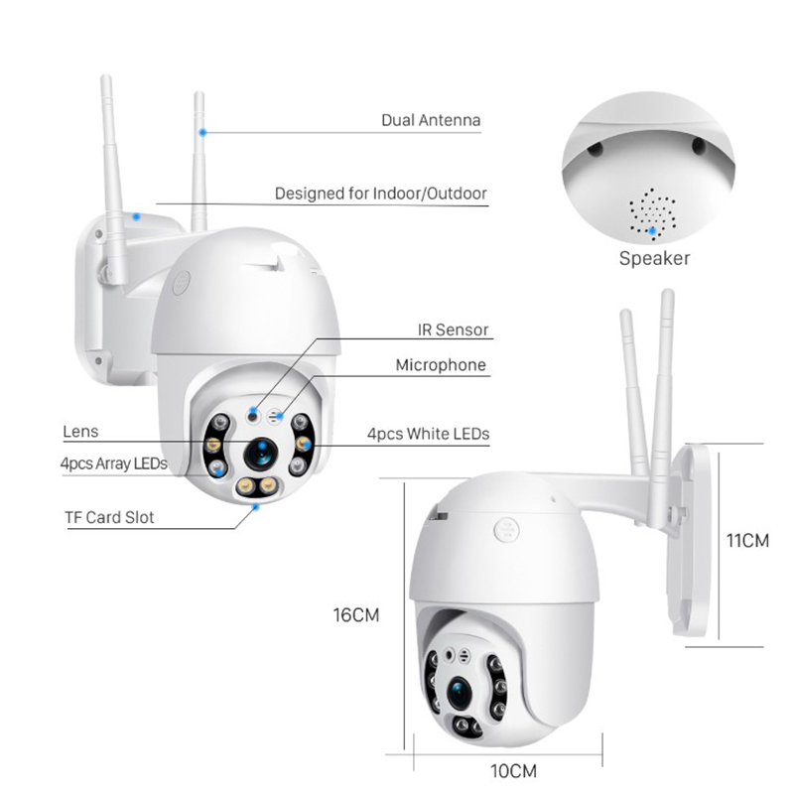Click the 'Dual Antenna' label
pos(431,120)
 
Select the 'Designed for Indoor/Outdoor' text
pos(381,194)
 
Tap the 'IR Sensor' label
pos(454,331)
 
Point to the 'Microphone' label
pos(441,365)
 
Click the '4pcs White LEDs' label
pos(429,434)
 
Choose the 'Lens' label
pos(80,432)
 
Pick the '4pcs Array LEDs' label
pos(114,463)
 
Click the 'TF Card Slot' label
pos(109,517)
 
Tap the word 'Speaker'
pos(654,258)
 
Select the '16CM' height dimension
pos(356,615)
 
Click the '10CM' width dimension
pos(513,771)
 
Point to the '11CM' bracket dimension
pos(747,541)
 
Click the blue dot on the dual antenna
pos(202,132)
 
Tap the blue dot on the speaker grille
pos(653,231)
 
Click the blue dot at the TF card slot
pos(256,506)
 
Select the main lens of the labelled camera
pos(261,454)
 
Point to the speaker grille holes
pos(652,212)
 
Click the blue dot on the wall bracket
pos(136,216)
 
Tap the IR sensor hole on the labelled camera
pos(253,417)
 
